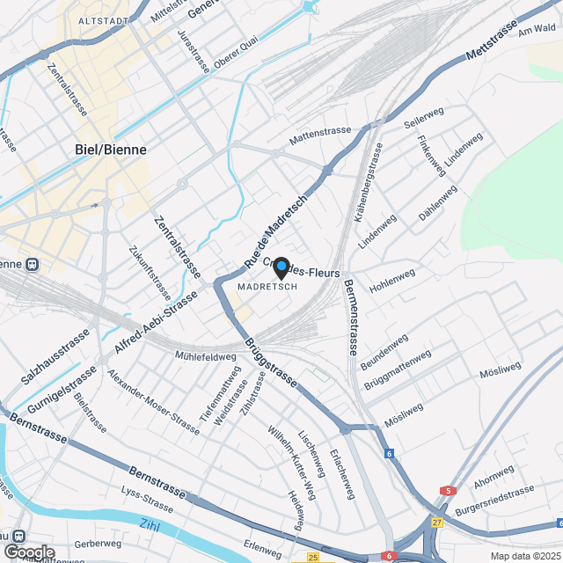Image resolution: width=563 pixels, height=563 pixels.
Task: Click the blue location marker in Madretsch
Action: (281, 267)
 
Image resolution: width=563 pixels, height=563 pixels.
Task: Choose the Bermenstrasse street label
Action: (350, 317)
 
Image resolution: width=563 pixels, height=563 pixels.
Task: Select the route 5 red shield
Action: (449, 491)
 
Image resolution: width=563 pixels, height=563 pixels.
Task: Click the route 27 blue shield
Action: (437, 521)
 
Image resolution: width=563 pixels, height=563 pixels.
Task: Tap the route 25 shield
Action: (313, 556)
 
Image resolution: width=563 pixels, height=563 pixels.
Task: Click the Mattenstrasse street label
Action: (320, 132)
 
